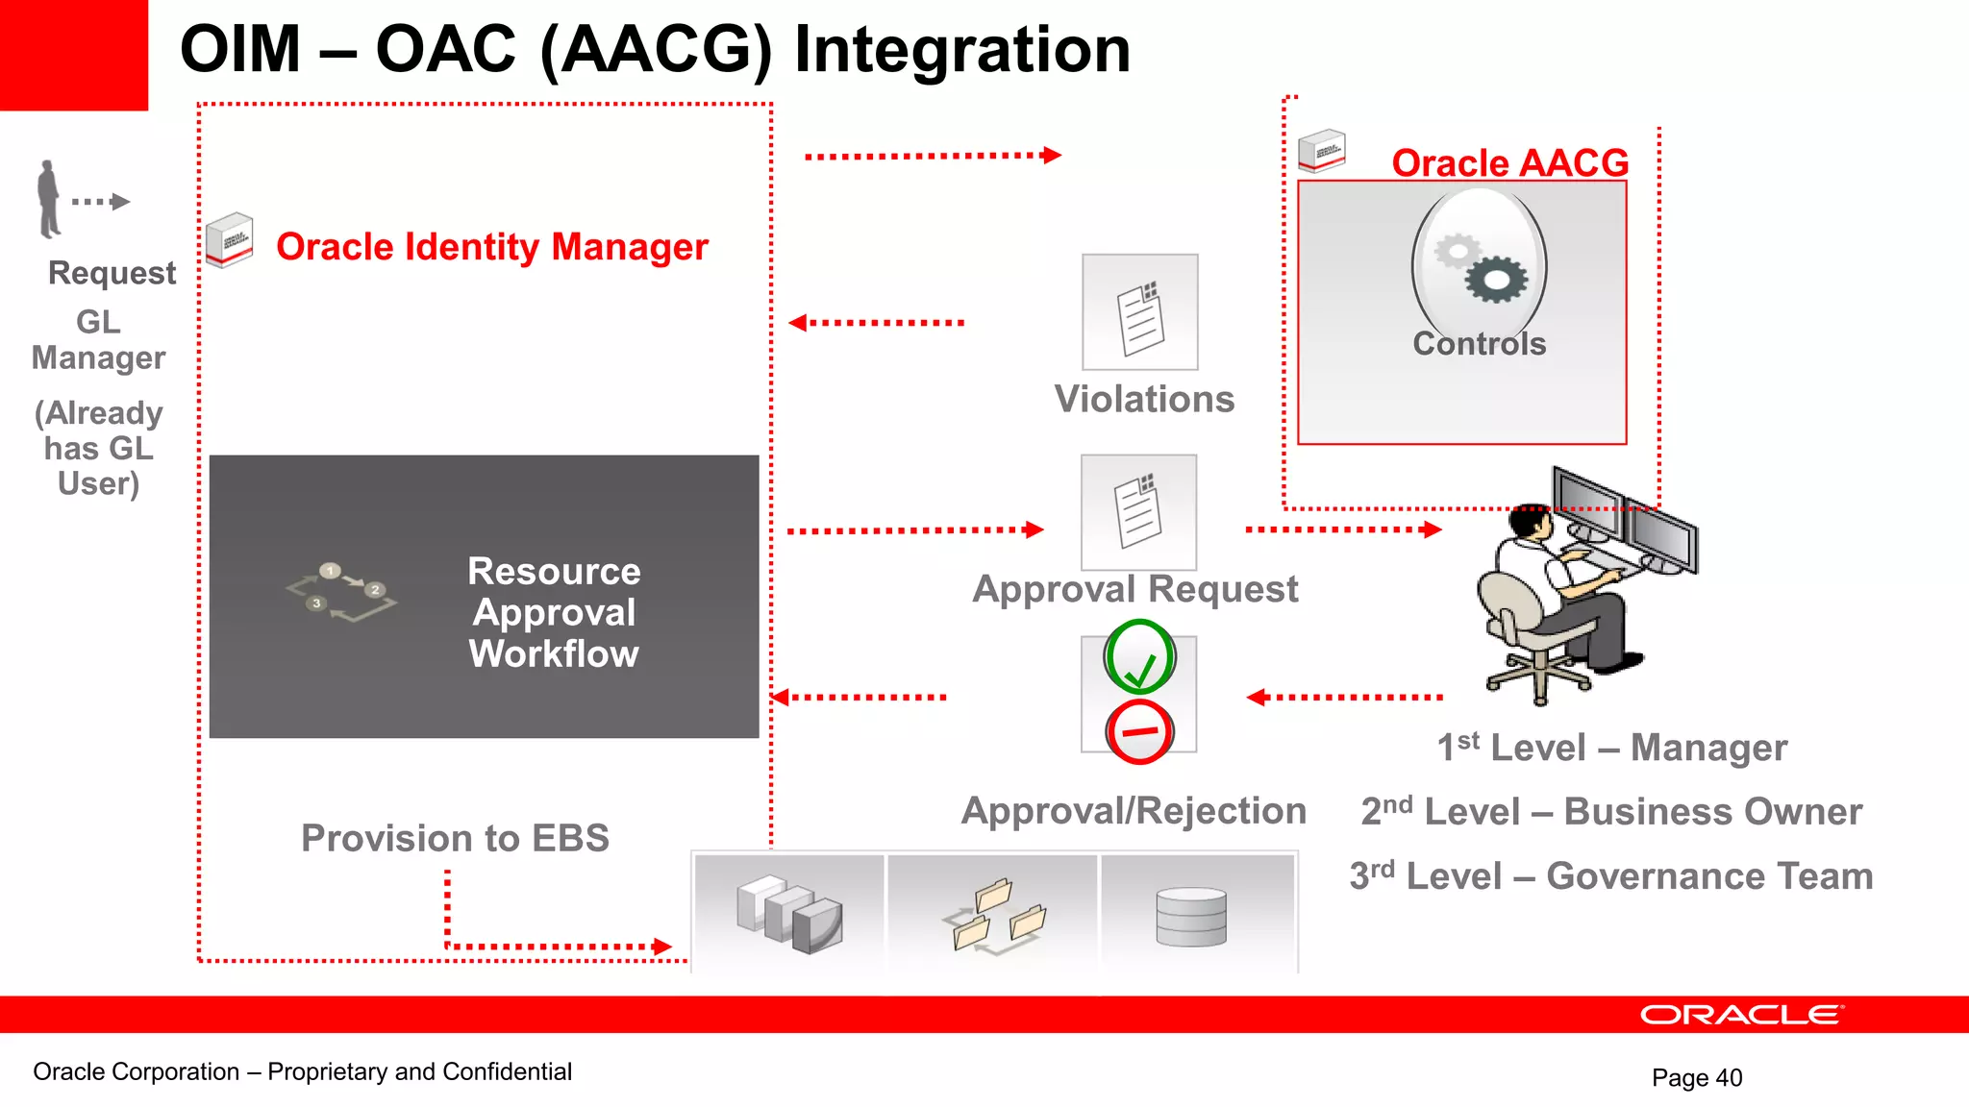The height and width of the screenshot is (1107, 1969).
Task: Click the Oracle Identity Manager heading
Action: (491, 247)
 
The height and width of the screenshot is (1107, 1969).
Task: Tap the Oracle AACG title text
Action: (1509, 162)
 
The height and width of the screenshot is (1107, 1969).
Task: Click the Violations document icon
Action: (1140, 312)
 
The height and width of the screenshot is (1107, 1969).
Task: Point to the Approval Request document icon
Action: (1138, 512)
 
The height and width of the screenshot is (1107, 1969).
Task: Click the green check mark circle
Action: (1139, 657)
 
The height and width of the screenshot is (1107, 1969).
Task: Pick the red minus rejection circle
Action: (1139, 732)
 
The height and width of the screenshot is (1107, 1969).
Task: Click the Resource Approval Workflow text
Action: (554, 612)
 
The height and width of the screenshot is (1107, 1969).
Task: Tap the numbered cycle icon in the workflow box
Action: (340, 591)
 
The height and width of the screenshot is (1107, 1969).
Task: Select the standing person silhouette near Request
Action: (48, 200)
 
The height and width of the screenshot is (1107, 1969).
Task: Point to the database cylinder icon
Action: (1191, 917)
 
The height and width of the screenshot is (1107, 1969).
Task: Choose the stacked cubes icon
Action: (789, 913)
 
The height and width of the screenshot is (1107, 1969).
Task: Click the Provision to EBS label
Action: (455, 838)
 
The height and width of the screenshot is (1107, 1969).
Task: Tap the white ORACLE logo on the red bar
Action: (1741, 1015)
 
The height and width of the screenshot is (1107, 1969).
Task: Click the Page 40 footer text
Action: (1696, 1077)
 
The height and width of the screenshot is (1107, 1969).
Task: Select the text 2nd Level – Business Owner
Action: (1611, 812)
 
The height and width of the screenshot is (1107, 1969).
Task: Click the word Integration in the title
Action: (961, 49)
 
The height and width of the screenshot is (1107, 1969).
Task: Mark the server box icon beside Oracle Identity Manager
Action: (230, 240)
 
